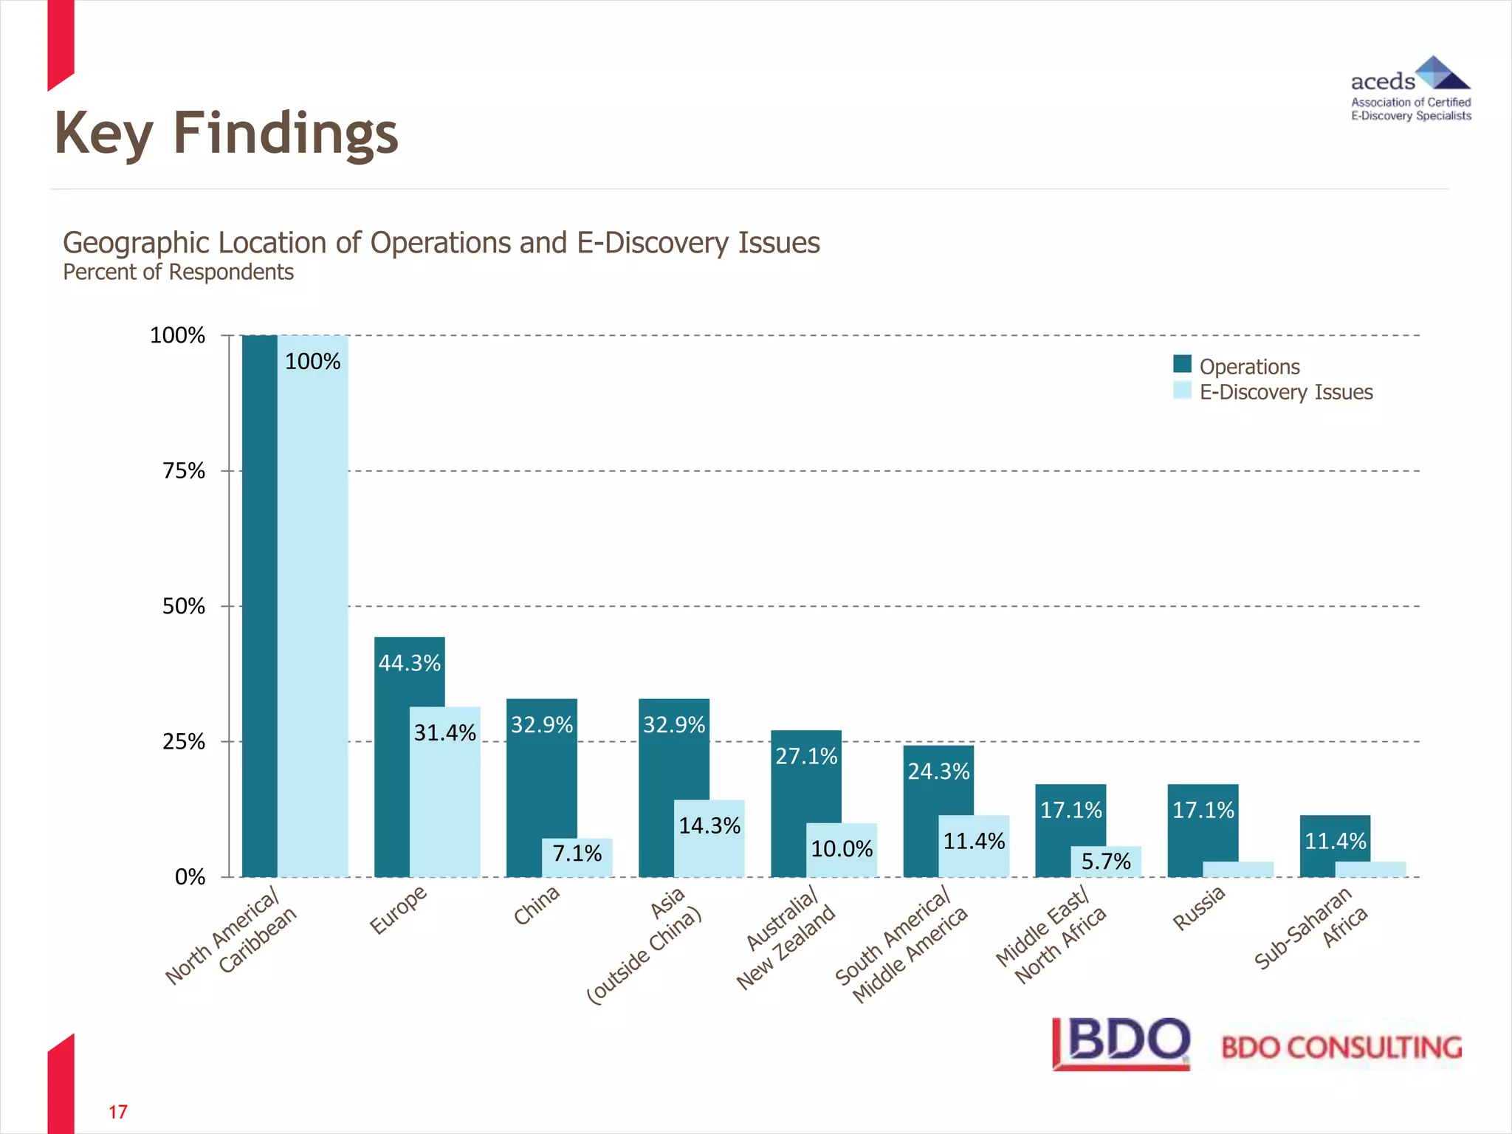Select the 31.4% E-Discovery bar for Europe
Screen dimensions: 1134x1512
click(x=445, y=805)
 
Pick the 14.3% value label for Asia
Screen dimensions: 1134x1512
click(x=709, y=825)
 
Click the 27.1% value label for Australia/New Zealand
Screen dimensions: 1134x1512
click(x=806, y=756)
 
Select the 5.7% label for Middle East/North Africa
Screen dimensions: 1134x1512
click(x=1106, y=861)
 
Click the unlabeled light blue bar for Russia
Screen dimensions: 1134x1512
click(x=1238, y=869)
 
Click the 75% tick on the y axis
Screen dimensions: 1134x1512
click(x=184, y=471)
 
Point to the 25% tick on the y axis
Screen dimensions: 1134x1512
click(x=184, y=742)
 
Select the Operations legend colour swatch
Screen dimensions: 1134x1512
click(x=1182, y=364)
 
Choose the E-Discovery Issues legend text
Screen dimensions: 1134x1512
click(x=1285, y=392)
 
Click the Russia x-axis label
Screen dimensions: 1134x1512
click(x=1199, y=908)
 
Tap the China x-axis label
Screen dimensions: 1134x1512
click(x=537, y=905)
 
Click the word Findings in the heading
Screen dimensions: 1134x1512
click(x=285, y=134)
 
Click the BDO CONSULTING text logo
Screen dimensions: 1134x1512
click(x=1341, y=1048)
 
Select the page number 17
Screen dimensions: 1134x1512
click(x=118, y=1112)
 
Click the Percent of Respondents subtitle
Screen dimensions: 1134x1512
click(x=178, y=272)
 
